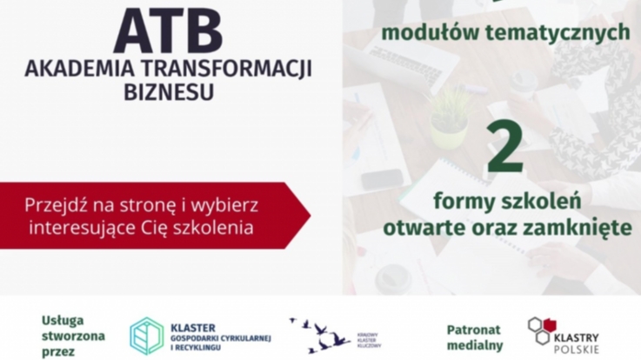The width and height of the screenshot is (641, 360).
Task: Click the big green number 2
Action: pyautogui.click(x=506, y=148)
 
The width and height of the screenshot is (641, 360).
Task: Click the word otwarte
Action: pyautogui.click(x=423, y=228)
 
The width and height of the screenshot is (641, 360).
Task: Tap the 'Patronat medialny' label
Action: pyautogui.click(x=475, y=337)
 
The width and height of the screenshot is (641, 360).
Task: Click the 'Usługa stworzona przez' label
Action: pyautogui.click(x=74, y=336)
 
